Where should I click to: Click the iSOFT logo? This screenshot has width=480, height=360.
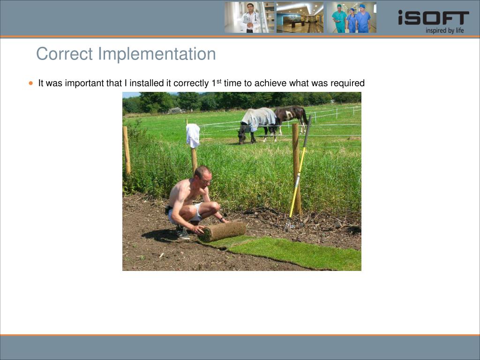tap(433, 17)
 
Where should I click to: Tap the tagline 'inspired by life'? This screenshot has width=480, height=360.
tap(444, 30)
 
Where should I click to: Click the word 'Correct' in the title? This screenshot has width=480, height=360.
tap(64, 54)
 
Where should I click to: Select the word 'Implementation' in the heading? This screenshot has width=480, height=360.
tap(157, 54)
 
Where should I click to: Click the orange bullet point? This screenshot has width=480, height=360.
tap(30, 83)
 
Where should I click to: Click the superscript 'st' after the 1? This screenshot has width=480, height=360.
tap(219, 82)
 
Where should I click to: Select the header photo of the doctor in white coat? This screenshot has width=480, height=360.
tap(249, 17)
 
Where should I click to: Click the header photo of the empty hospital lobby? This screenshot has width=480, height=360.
tap(300, 17)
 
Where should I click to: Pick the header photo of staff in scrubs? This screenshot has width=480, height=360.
tap(352, 17)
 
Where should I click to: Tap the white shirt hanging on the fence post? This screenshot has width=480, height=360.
tap(193, 135)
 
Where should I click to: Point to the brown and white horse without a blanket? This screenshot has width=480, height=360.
tap(291, 117)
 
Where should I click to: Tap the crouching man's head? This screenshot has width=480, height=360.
tap(202, 176)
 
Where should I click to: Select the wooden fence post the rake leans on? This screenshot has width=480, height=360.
tap(296, 168)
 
